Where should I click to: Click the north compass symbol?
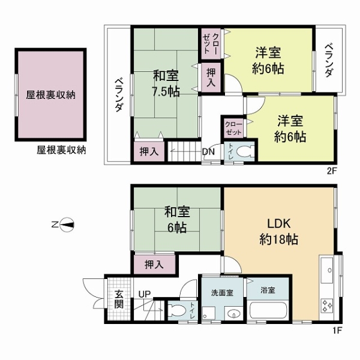[x=67, y=224]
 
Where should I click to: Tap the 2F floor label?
[x=332, y=171]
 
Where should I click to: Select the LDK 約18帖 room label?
[x=279, y=232]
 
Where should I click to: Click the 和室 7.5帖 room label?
[x=166, y=84]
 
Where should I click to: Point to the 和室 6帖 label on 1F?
[x=177, y=220]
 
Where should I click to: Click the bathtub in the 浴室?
[x=268, y=310]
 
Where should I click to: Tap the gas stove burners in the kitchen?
[x=327, y=305]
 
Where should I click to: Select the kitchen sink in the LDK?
[x=327, y=270]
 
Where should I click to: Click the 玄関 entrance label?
[x=119, y=299]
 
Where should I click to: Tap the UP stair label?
[x=145, y=294]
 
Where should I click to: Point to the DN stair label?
[x=208, y=152]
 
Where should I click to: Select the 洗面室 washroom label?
[x=222, y=293]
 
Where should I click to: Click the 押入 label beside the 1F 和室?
[x=154, y=264]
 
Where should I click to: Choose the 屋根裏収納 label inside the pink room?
[x=50, y=95]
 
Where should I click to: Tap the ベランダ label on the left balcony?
[x=119, y=95]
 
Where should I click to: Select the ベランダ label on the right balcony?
[x=329, y=61]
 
